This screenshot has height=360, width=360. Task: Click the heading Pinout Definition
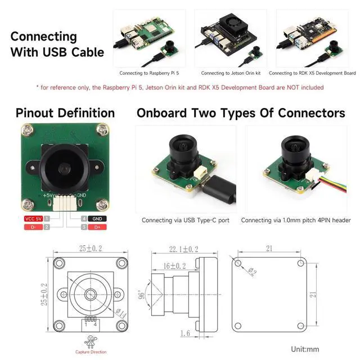[65, 113]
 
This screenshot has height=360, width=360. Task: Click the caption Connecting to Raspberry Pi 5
[150, 73]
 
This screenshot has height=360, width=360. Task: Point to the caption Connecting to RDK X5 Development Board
[312, 73]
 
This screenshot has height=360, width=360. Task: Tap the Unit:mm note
[306, 349]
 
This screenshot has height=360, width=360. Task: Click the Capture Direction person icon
[90, 342]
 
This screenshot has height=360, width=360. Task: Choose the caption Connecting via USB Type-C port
[185, 220]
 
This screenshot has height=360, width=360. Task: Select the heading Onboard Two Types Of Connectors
[241, 113]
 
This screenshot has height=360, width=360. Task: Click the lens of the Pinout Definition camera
[64, 168]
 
